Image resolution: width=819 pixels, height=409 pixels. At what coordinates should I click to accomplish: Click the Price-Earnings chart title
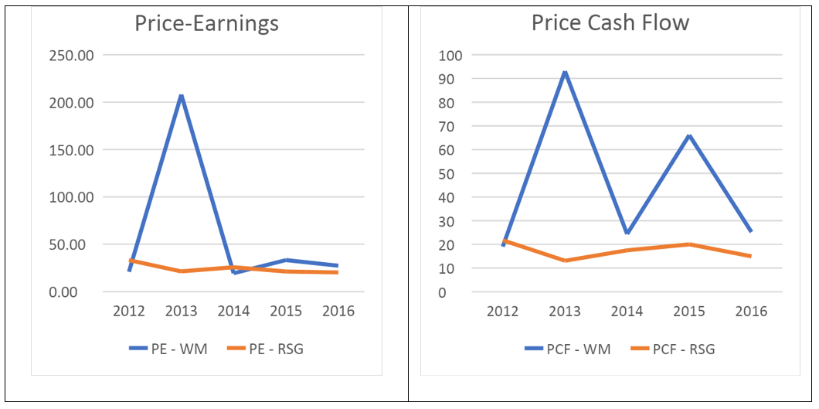(206, 24)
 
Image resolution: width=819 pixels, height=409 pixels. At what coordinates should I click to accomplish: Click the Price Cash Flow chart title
(610, 22)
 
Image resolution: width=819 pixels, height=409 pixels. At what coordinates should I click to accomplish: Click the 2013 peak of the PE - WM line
(181, 96)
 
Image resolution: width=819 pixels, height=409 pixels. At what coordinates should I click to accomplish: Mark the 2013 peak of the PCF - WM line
(565, 73)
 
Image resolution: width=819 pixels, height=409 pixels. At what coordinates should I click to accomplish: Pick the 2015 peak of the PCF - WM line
(689, 136)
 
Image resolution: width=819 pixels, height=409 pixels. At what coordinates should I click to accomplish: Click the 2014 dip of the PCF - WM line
(627, 233)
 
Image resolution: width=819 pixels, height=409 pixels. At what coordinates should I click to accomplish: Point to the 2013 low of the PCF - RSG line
(565, 261)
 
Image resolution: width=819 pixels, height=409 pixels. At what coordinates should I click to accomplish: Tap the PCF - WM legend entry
(567, 349)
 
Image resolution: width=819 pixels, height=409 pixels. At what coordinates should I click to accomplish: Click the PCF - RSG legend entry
(672, 349)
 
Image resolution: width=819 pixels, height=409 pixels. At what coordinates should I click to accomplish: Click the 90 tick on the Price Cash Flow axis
(449, 79)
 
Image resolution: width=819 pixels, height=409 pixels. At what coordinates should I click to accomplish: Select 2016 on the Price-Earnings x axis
(338, 311)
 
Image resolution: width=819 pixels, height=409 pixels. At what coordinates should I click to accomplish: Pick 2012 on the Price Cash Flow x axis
(502, 311)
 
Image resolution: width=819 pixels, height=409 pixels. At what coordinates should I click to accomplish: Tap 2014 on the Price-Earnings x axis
(233, 311)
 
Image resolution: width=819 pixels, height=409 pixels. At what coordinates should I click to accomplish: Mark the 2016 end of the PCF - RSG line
(750, 256)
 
